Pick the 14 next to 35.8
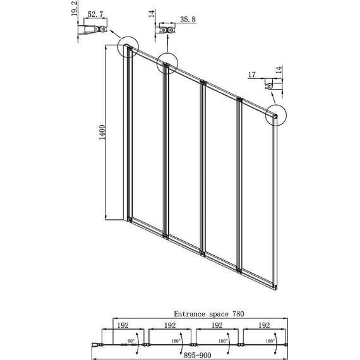[x=152, y=15]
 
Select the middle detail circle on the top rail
[x=167, y=63]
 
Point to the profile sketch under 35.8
[x=167, y=30]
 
